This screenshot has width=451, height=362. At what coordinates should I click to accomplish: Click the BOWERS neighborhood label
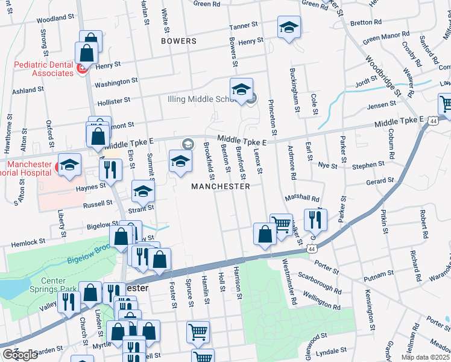pos(178,41)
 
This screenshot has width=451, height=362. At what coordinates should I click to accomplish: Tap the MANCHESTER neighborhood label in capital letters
pos(220,186)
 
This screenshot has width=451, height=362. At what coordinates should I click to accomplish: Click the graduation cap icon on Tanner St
pos(289,28)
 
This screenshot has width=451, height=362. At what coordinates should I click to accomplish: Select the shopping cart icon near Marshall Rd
pos(281,225)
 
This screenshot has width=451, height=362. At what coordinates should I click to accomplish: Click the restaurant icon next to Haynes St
pos(110,170)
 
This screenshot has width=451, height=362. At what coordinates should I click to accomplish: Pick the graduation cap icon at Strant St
pos(143,191)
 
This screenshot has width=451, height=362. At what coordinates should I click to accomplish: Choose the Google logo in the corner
pos(20,355)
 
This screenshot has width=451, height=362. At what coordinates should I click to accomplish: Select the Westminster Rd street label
pos(289,282)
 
